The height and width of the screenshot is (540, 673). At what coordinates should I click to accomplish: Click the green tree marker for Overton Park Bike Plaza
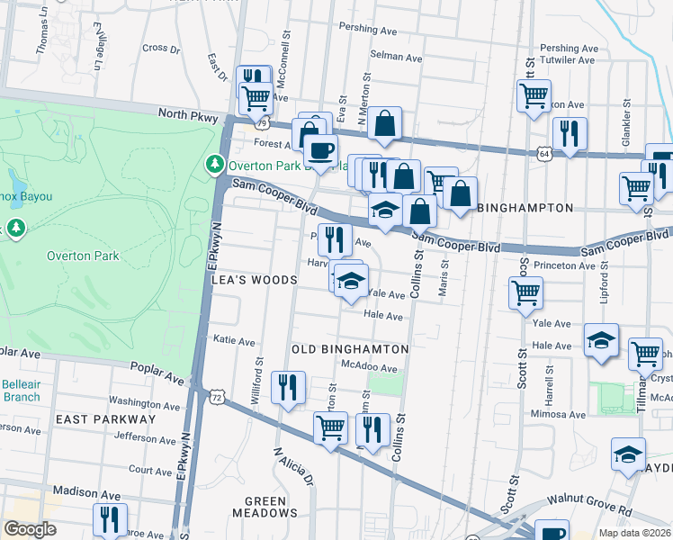(x=215, y=164)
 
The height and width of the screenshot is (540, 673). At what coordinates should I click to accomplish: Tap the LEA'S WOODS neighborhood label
(x=254, y=280)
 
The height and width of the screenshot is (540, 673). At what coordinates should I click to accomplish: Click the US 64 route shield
(x=545, y=154)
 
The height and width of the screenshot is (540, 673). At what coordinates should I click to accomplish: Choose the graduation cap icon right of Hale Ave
(x=601, y=340)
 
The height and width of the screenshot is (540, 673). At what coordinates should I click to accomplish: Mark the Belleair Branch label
(x=21, y=390)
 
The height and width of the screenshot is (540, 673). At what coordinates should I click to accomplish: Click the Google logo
(x=30, y=528)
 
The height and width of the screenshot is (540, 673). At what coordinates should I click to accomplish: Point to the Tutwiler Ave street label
(x=568, y=60)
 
